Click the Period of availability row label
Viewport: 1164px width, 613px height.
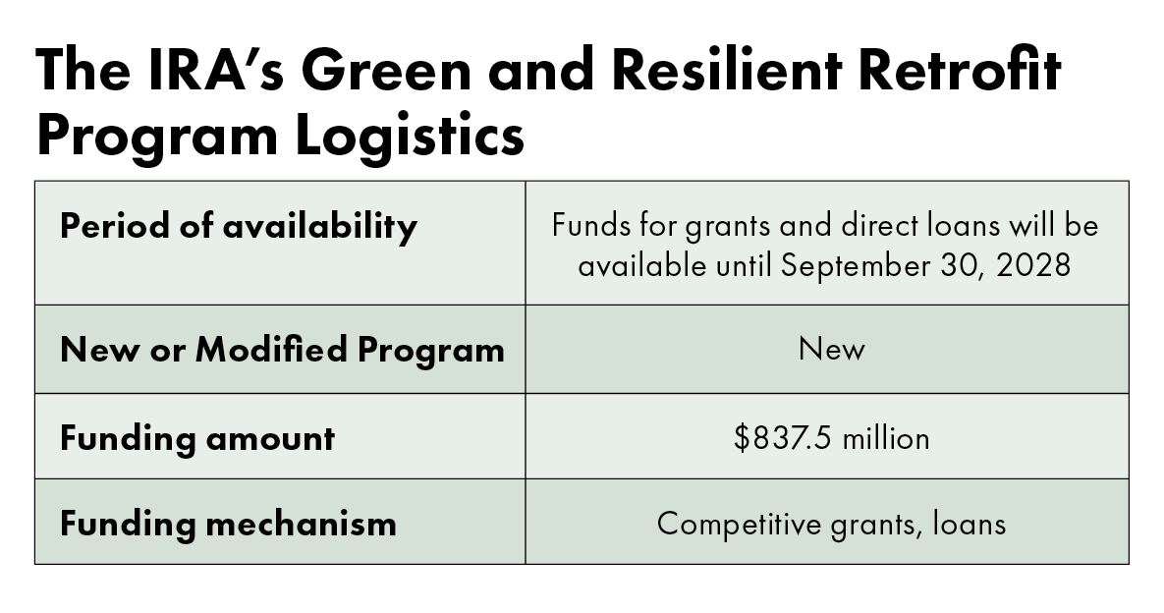[239, 227]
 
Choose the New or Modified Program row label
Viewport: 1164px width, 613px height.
[282, 350]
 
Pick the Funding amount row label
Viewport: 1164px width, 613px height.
[197, 437]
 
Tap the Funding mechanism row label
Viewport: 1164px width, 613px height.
[228, 523]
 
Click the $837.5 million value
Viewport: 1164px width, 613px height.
[831, 437]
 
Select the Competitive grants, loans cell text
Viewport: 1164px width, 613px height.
[831, 523]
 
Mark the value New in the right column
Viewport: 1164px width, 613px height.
[831, 350]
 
